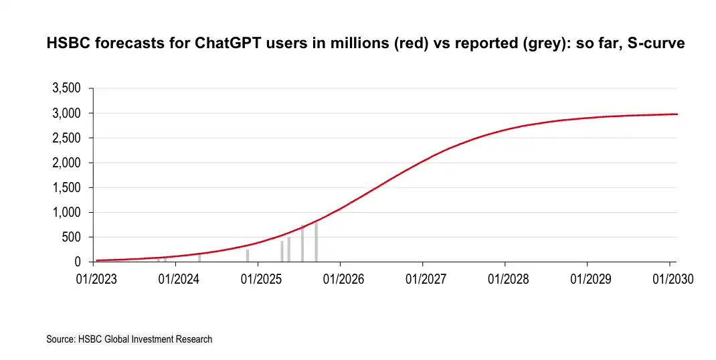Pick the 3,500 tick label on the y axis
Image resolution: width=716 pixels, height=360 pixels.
(x=67, y=89)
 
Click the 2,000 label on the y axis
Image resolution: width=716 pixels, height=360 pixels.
(x=67, y=163)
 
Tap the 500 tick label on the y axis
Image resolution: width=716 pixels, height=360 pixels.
(x=72, y=238)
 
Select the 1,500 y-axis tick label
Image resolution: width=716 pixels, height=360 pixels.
(x=67, y=188)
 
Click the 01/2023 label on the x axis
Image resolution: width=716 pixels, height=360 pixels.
(x=94, y=279)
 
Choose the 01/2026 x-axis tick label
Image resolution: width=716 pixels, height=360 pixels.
(x=341, y=279)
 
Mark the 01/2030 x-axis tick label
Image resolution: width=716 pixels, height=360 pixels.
(x=671, y=279)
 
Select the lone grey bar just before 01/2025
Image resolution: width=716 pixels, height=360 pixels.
(x=248, y=256)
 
